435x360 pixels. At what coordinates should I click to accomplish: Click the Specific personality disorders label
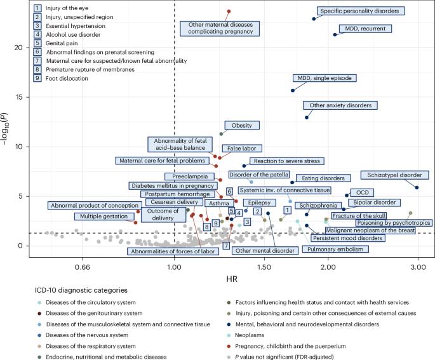click(361, 11)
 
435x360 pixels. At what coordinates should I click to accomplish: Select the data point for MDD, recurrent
click(335, 35)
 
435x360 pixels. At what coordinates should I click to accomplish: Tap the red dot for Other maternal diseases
click(229, 11)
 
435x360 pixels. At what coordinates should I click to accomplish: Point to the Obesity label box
click(242, 125)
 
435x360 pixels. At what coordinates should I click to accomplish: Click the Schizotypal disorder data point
click(417, 187)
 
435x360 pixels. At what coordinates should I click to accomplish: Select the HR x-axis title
click(232, 279)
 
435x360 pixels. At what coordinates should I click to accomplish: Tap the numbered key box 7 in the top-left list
click(37, 61)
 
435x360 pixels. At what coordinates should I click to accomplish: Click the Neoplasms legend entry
click(246, 335)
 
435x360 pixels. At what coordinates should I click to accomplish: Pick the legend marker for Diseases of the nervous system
click(39, 335)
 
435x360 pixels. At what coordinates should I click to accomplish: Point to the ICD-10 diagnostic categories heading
click(81, 290)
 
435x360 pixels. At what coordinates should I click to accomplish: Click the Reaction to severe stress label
click(287, 161)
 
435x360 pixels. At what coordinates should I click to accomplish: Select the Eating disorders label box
click(323, 178)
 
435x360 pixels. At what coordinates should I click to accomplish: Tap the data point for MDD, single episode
click(293, 90)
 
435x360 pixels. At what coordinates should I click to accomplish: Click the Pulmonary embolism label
click(335, 249)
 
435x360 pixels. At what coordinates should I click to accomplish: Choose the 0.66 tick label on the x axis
click(83, 267)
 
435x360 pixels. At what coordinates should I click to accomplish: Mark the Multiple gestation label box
click(104, 217)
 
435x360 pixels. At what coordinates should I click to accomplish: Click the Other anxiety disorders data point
click(307, 117)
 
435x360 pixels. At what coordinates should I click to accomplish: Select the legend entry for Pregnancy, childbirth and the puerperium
click(286, 346)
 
